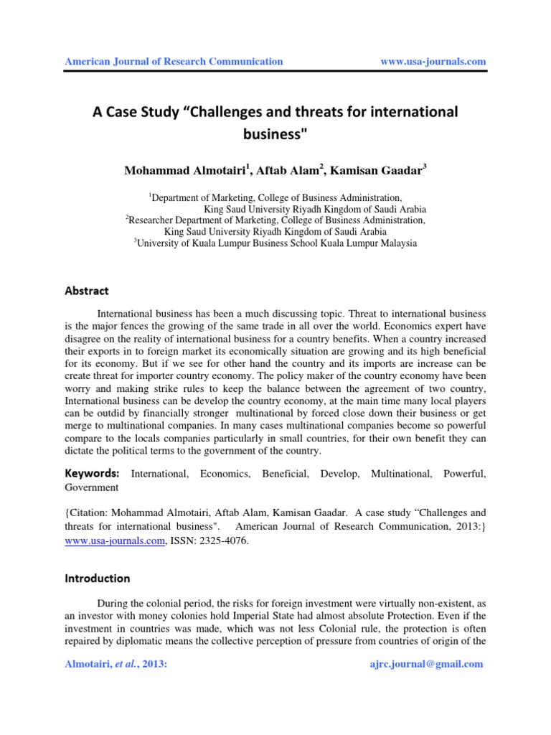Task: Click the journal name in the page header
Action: click(174, 62)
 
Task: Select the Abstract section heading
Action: click(87, 291)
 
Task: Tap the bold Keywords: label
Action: click(91, 474)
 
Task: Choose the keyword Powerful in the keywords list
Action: click(465, 474)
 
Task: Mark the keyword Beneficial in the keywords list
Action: click(285, 474)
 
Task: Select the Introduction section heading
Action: click(97, 579)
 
